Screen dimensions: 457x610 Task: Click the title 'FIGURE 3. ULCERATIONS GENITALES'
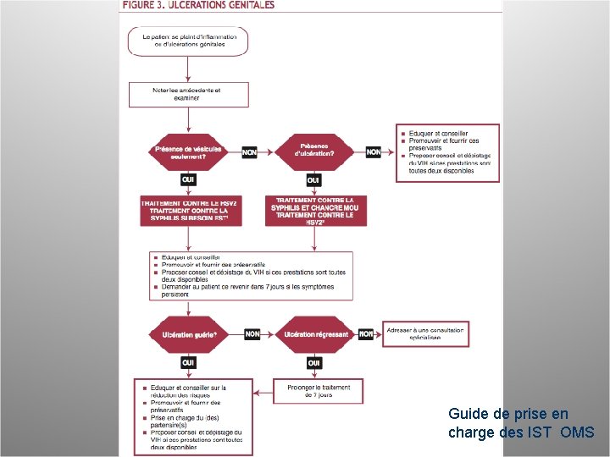[x=198, y=5]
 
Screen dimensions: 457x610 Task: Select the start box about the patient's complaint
[x=188, y=41]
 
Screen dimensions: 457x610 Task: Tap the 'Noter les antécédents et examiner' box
[x=188, y=94]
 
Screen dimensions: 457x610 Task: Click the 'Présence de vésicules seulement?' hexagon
[x=188, y=152]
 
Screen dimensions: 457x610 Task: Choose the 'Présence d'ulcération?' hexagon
[x=313, y=152]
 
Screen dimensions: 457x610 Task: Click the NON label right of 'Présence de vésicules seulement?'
[x=249, y=152]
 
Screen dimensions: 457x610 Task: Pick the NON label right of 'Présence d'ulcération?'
[x=374, y=152]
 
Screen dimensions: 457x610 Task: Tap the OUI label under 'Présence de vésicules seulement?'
[x=188, y=179]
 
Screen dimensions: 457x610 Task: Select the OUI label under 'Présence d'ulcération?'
[x=313, y=179]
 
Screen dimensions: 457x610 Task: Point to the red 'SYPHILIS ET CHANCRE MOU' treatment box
[x=314, y=211]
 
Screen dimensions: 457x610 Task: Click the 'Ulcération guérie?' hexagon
[x=189, y=334]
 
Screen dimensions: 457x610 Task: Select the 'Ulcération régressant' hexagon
[x=315, y=334]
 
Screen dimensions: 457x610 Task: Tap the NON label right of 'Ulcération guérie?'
[x=252, y=334]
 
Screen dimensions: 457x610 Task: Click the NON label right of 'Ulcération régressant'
[x=366, y=334]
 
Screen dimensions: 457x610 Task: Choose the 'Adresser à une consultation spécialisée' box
[x=425, y=333]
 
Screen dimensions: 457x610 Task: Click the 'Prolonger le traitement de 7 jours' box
[x=319, y=390]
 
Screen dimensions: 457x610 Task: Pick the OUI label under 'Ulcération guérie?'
[x=189, y=362]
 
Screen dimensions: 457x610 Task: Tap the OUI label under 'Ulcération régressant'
[x=314, y=362]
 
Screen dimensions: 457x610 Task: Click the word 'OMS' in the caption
[x=584, y=432]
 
